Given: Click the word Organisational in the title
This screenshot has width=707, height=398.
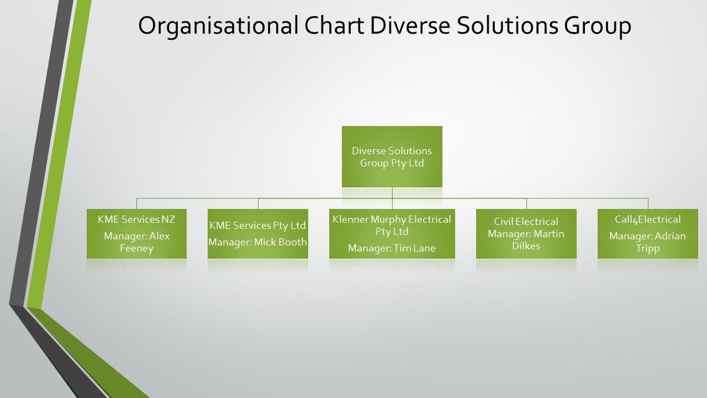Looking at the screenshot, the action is [x=218, y=26].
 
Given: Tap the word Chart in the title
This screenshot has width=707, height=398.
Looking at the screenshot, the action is [x=334, y=25].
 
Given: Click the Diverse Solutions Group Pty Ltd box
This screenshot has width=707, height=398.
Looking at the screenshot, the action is [x=392, y=157].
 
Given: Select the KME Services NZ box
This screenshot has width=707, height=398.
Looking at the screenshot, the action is [x=137, y=234].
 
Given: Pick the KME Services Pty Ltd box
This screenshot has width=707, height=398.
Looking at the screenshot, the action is [x=258, y=234].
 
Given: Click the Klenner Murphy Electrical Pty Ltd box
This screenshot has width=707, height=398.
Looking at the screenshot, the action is [x=392, y=234].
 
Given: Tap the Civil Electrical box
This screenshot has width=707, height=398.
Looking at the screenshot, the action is [x=526, y=234].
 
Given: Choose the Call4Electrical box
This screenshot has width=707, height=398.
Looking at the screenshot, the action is [x=647, y=234].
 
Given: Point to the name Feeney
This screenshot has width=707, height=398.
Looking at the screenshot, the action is [x=137, y=248].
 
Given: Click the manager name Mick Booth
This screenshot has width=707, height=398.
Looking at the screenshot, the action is [x=280, y=242].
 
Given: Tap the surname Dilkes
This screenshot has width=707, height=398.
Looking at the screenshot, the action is [x=526, y=246].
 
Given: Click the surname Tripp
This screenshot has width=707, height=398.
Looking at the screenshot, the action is [x=647, y=249].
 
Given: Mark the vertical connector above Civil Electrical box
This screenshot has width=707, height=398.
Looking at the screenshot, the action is [x=526, y=204].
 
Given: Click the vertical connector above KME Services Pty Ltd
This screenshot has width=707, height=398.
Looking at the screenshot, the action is [x=258, y=204].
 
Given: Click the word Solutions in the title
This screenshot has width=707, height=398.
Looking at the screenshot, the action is [x=507, y=25].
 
